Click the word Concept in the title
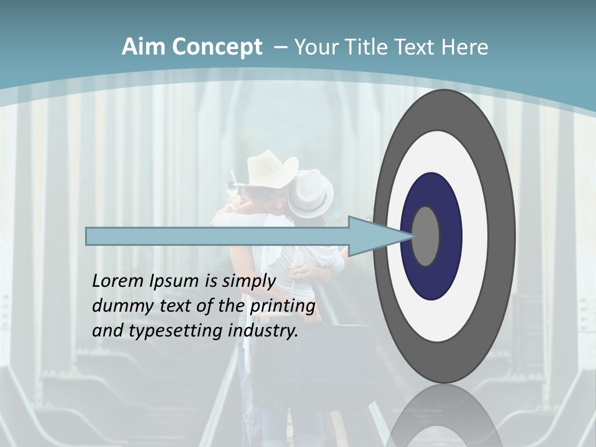point(217,47)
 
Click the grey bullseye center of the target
point(426,236)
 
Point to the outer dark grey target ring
point(503,236)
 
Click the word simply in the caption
point(248,281)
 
